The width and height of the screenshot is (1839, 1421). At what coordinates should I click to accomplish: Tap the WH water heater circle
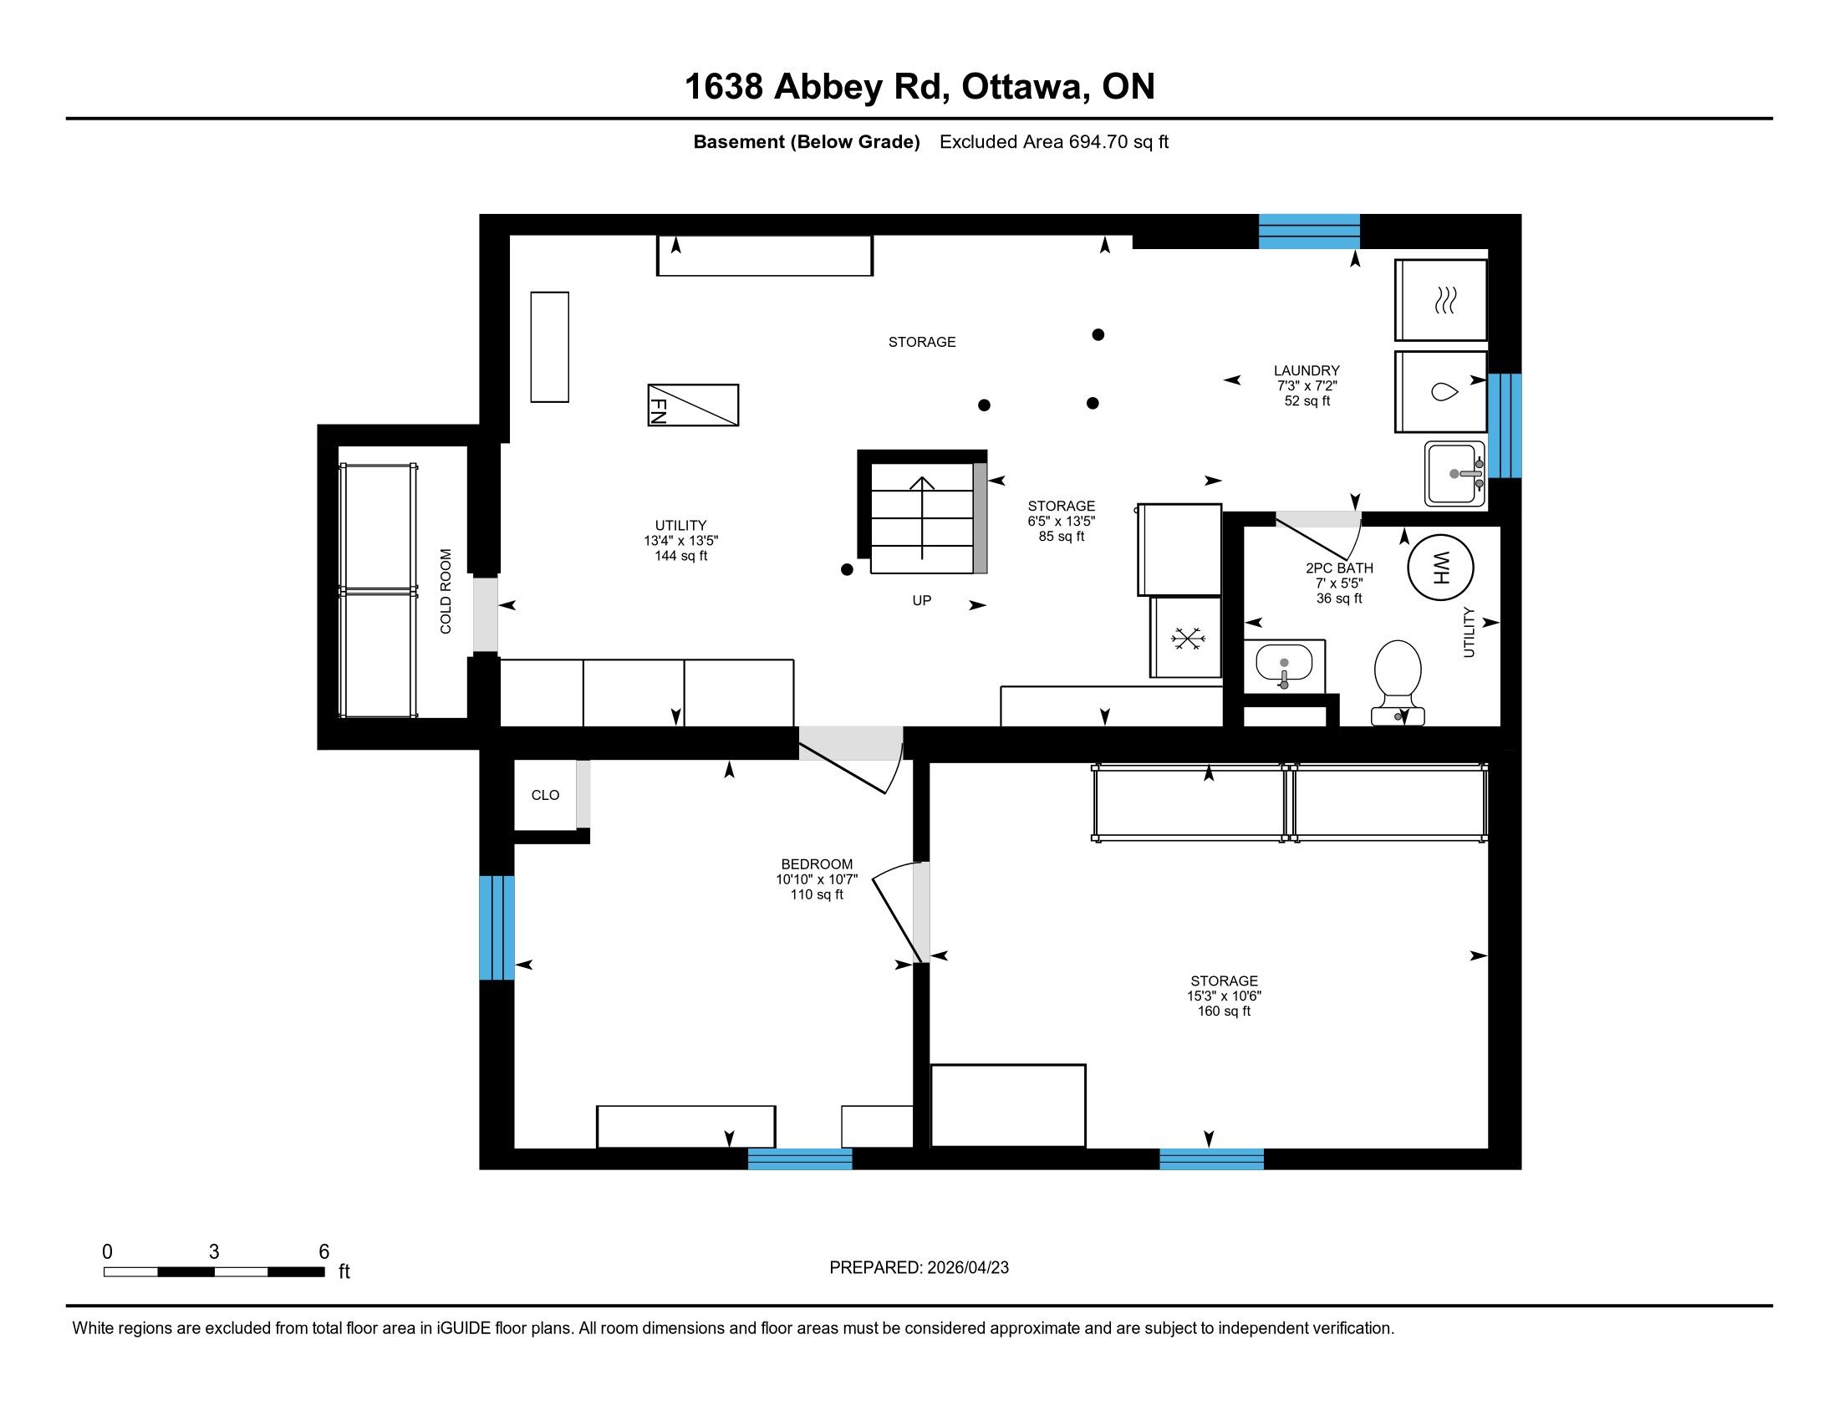[x=1441, y=568]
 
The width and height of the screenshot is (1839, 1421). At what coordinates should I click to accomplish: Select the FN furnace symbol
[x=693, y=405]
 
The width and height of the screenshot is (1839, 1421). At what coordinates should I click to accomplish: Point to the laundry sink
[x=1455, y=474]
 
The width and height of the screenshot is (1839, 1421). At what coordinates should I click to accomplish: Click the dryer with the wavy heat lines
[x=1441, y=300]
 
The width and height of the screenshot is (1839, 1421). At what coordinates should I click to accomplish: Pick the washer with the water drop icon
[x=1441, y=391]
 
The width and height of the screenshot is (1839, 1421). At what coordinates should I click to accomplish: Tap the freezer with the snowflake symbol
[x=1186, y=637]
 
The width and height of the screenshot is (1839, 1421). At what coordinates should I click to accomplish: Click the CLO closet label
[x=545, y=795]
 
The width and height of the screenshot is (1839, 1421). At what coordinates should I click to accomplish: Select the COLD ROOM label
[x=446, y=591]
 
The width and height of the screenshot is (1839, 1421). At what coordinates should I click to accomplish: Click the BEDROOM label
[x=817, y=863]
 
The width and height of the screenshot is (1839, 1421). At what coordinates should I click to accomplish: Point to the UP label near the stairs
[x=922, y=600]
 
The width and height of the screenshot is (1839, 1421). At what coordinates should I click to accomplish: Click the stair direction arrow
[x=922, y=517]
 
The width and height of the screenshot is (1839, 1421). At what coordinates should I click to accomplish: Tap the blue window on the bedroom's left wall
[x=497, y=928]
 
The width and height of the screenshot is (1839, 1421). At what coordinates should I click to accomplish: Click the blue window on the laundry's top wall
[x=1308, y=232]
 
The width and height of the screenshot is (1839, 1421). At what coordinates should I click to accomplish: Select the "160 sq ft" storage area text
[x=1225, y=1011]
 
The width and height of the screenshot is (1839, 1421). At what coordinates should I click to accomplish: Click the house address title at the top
[x=919, y=86]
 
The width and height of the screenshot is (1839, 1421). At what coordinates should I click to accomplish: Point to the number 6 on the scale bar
[x=324, y=1252]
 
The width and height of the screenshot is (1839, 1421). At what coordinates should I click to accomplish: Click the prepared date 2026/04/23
[x=967, y=1268]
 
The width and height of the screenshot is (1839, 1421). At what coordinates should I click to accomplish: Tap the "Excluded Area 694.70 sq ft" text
[x=1054, y=141]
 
